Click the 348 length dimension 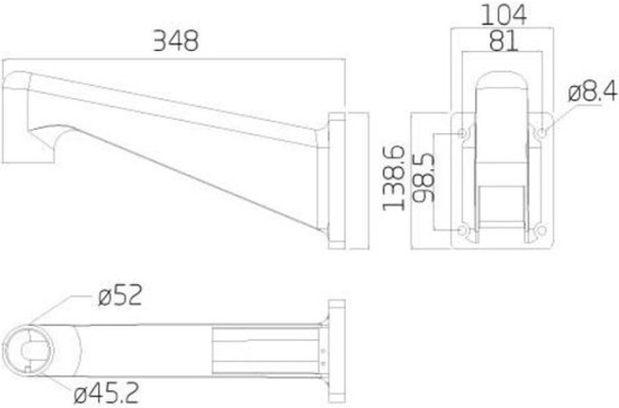[176, 41]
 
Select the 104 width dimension [504, 15]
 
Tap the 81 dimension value [503, 41]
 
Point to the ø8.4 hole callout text [592, 90]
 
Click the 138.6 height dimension [394, 178]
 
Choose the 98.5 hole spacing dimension [423, 177]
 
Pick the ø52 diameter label [120, 295]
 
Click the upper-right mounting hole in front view [542, 133]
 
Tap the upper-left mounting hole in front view [462, 133]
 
